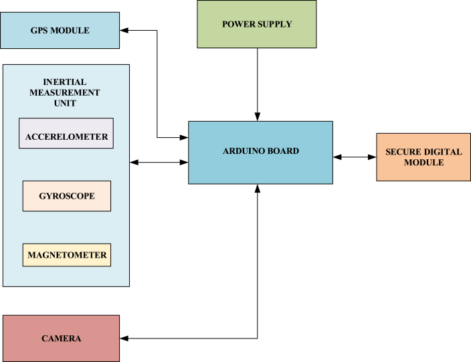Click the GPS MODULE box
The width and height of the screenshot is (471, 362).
pyautogui.click(x=60, y=30)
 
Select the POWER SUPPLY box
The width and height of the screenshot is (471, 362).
pyautogui.click(x=257, y=24)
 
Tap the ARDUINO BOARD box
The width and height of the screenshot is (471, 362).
pyautogui.click(x=260, y=152)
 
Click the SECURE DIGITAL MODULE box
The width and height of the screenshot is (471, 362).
pyautogui.click(x=423, y=157)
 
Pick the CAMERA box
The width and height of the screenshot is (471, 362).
pyautogui.click(x=61, y=339)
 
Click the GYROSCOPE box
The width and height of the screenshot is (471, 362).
pyautogui.click(x=66, y=196)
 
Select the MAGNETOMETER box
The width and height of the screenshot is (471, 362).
pyautogui.click(x=66, y=255)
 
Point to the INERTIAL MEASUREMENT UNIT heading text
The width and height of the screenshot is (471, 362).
pyautogui.click(x=65, y=92)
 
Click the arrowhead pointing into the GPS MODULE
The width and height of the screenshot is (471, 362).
pyautogui.click(x=124, y=30)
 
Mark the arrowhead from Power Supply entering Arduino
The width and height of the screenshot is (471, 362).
pyautogui.click(x=257, y=117)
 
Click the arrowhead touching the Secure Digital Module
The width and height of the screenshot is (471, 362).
pyautogui.click(x=372, y=157)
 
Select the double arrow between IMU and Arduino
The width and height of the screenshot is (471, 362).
pyautogui.click(x=159, y=162)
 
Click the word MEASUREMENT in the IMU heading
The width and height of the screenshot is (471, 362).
pyautogui.click(x=65, y=92)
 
